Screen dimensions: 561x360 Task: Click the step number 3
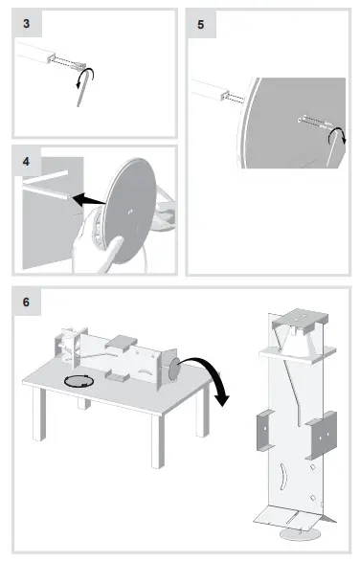point(26,23)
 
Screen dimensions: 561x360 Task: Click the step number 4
point(26,159)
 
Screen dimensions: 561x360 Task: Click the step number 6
point(26,303)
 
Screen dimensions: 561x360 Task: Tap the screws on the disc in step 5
point(312,122)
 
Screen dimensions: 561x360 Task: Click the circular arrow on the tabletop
point(77,382)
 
